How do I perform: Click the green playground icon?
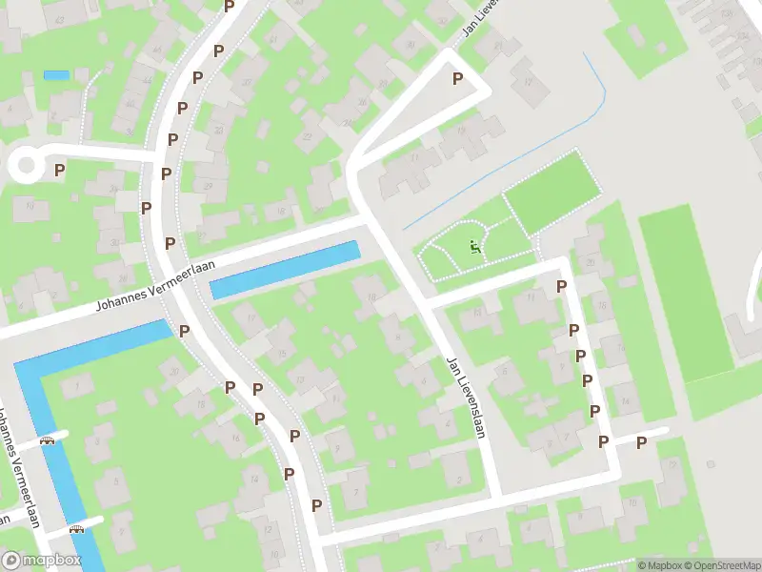click(x=473, y=249)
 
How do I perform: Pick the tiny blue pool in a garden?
click(x=56, y=74)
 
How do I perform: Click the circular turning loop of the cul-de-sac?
click(x=25, y=166)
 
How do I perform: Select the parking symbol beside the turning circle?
click(x=59, y=170)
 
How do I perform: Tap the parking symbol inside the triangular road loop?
click(x=458, y=79)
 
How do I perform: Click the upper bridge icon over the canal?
click(x=47, y=440)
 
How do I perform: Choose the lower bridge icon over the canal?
click(x=77, y=528)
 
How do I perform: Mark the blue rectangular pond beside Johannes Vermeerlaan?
click(x=285, y=270)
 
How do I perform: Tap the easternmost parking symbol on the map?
click(x=641, y=441)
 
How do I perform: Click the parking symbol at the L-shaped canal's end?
click(x=184, y=331)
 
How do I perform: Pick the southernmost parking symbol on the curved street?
click(x=316, y=505)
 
